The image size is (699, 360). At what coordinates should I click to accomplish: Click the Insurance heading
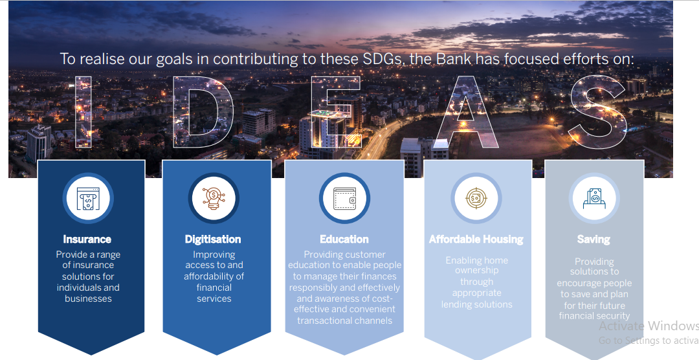point(87,240)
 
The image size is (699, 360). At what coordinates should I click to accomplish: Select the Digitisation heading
point(213,240)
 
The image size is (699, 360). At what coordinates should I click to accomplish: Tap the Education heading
point(344,240)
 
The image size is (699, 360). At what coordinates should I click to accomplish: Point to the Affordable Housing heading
point(476,240)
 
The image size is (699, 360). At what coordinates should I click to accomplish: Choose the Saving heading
point(594,240)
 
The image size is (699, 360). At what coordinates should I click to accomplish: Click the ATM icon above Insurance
point(88,199)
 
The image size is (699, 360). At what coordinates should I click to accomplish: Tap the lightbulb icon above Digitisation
point(214,199)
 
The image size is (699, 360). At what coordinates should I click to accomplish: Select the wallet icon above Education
point(344,199)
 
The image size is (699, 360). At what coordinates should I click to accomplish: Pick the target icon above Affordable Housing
point(476,198)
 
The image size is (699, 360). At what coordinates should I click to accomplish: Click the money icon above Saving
point(594,199)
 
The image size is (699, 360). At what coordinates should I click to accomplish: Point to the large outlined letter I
point(83,112)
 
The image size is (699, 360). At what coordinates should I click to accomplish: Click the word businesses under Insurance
point(88,298)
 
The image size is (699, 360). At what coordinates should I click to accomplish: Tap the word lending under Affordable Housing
point(455,305)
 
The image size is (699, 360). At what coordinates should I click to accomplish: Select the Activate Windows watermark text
point(649,326)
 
